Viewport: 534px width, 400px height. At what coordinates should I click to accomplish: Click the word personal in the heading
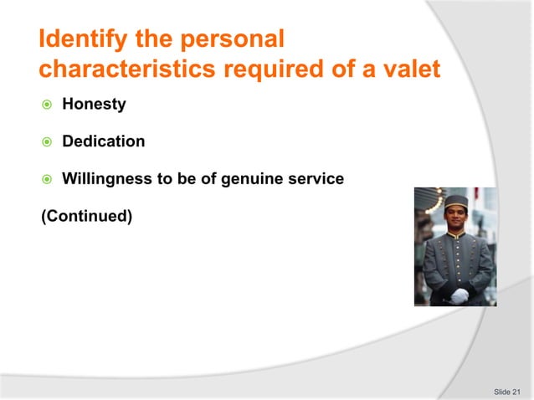coord(234,39)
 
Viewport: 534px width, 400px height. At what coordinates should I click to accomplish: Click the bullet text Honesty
coord(95,105)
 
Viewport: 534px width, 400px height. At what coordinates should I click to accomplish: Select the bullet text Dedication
coord(104,141)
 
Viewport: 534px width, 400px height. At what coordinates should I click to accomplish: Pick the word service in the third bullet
coord(316,178)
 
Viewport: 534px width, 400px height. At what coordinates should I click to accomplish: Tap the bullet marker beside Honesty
coord(47,105)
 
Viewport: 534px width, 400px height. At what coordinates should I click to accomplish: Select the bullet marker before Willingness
coord(47,179)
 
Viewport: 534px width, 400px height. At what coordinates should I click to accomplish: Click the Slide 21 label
coord(506,391)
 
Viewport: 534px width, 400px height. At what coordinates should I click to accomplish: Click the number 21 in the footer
coord(516,391)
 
